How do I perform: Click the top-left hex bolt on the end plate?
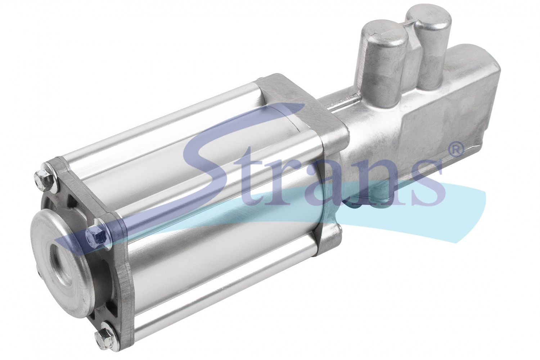(x=40, y=177)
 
